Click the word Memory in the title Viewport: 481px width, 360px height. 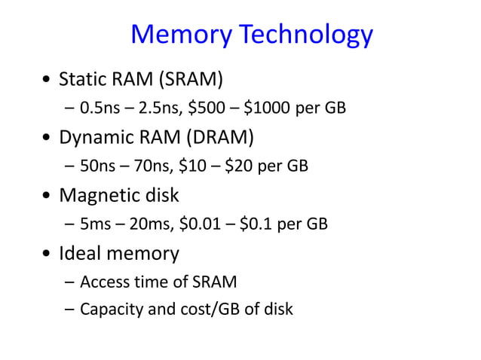(x=179, y=35)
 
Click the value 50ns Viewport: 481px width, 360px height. (x=94, y=166)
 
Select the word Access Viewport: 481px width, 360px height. (x=103, y=282)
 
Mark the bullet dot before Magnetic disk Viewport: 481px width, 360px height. (x=48, y=197)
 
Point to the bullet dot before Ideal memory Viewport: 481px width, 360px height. (x=48, y=255)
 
